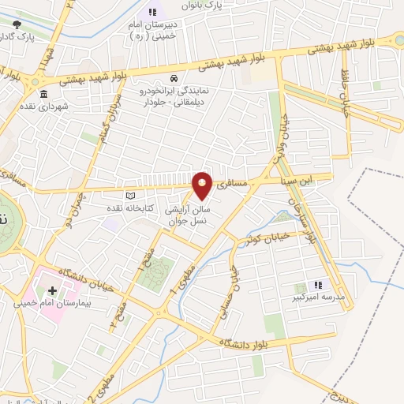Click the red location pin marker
[203, 185]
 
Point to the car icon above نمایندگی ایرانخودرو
[173, 79]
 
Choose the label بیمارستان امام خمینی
[54, 303]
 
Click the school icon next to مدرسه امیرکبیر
[318, 285]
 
